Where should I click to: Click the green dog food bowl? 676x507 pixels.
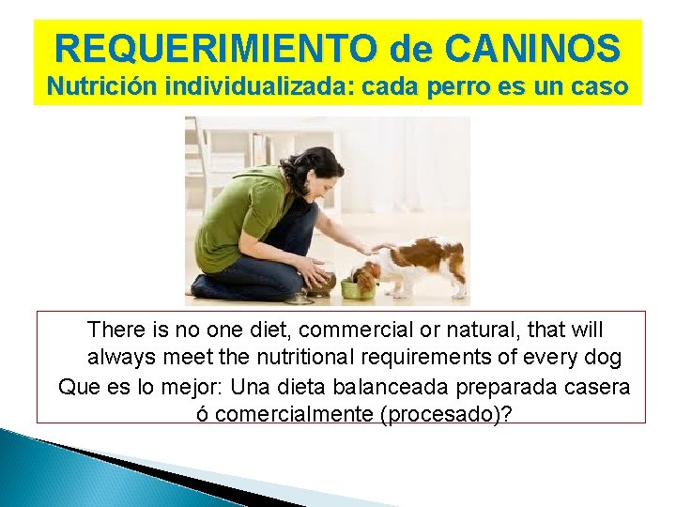pyautogui.click(x=358, y=288)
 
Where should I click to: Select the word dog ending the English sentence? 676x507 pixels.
pyautogui.click(x=602, y=358)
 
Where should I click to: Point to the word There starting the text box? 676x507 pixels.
pyautogui.click(x=115, y=330)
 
